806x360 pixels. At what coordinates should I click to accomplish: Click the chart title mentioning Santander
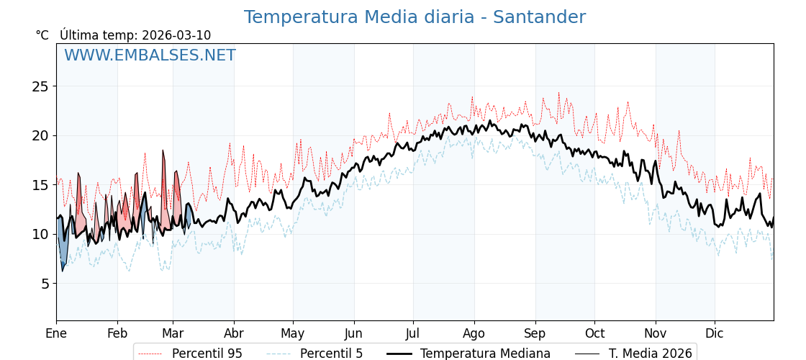point(415,17)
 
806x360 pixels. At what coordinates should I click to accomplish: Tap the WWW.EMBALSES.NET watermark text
point(150,55)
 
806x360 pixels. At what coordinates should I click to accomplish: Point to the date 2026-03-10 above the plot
point(176,35)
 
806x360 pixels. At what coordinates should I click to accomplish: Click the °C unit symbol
point(42,35)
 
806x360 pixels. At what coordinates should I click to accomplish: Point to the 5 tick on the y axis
point(44,284)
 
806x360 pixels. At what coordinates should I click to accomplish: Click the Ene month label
point(56,333)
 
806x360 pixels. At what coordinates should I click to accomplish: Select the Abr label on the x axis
point(234,333)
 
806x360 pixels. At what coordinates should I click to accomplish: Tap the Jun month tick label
point(354,333)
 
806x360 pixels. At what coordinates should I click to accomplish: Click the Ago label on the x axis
point(474,333)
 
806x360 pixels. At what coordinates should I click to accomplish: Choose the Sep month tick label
point(535,333)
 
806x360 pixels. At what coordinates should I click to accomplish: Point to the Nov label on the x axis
point(656,333)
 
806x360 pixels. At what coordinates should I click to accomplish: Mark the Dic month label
point(715,333)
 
